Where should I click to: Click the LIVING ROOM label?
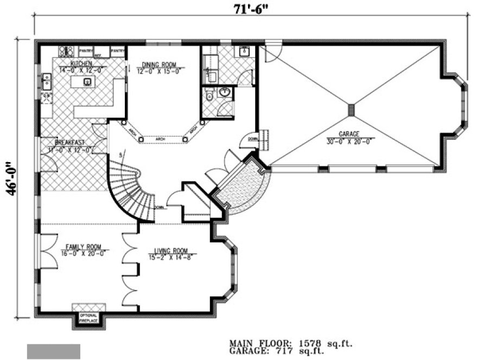pyautogui.click(x=170, y=250)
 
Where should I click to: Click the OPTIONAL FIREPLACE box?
pyautogui.click(x=88, y=318)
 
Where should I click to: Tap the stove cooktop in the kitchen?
pyautogui.click(x=66, y=52)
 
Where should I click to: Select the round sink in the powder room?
pyautogui.click(x=224, y=93)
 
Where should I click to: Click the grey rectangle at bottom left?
pyautogui.click(x=54, y=351)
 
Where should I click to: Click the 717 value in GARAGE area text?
pyautogui.click(x=308, y=351)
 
